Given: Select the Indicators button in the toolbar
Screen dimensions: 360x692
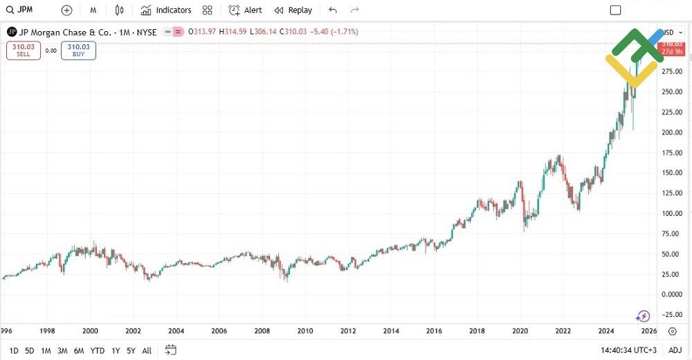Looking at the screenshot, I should click(x=166, y=10).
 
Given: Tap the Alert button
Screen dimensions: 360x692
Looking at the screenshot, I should click(x=246, y=10).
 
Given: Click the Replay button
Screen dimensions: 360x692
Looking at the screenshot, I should click(x=293, y=10).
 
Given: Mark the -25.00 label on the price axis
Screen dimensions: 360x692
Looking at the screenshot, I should click(x=672, y=315).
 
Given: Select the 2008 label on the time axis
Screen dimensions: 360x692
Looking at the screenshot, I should click(x=262, y=332).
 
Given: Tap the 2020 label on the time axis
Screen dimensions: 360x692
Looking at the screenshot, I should click(x=520, y=332).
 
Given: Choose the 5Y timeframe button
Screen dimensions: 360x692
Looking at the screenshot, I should click(x=131, y=350).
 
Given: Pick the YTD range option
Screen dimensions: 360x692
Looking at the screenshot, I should click(x=98, y=350).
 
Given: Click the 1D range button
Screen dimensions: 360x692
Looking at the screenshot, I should click(x=13, y=350).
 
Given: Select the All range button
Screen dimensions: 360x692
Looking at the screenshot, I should click(x=147, y=350).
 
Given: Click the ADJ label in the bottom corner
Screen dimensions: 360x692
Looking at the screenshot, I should click(x=675, y=350).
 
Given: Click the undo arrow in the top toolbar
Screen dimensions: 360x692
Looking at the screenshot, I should click(x=333, y=10).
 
